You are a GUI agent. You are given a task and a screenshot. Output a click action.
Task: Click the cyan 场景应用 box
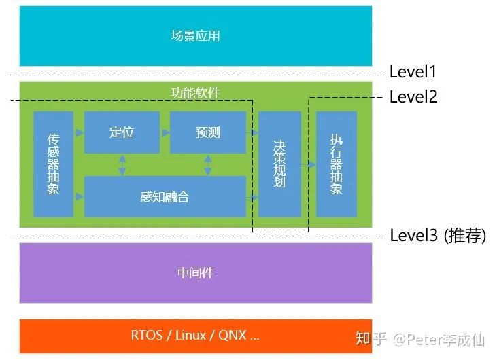(196, 35)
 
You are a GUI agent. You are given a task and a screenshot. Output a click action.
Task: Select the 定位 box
(122, 132)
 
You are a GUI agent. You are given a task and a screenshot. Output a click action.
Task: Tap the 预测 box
(207, 132)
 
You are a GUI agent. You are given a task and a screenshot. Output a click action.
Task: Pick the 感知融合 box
(165, 197)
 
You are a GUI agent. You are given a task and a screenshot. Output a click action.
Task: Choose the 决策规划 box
(279, 164)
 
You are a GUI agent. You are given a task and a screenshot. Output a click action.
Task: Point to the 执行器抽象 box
(337, 164)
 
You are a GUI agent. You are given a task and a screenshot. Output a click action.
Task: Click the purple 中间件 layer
(196, 273)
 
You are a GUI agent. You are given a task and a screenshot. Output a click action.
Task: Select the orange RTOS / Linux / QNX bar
(196, 336)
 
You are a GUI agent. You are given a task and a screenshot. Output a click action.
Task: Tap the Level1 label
(413, 72)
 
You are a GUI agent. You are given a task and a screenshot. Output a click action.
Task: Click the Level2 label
(413, 97)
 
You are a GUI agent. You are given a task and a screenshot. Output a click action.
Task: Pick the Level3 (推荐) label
(438, 236)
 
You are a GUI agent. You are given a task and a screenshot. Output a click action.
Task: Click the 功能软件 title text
(195, 92)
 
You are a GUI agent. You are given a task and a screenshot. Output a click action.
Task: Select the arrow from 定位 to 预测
(165, 132)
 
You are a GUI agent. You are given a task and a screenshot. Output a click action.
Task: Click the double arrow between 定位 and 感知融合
(122, 164)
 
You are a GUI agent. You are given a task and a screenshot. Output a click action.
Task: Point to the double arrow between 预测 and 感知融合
(207, 164)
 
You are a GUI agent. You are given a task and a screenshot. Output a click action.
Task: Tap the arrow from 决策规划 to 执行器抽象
(309, 164)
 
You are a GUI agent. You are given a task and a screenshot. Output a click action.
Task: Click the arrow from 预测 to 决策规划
(252, 132)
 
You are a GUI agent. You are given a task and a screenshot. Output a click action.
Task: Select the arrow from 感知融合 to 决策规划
(252, 197)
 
